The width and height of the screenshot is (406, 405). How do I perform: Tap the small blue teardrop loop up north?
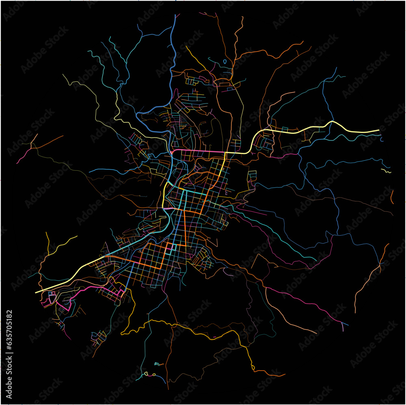225,62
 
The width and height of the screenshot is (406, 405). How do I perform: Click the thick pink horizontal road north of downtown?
199,152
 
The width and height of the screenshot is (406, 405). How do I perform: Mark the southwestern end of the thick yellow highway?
37,292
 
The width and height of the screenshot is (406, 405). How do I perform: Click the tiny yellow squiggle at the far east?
387,171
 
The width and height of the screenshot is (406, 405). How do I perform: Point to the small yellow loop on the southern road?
253,367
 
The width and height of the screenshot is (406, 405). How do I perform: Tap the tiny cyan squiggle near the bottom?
158,363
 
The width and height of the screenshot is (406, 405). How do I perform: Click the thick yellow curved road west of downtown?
164,195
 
